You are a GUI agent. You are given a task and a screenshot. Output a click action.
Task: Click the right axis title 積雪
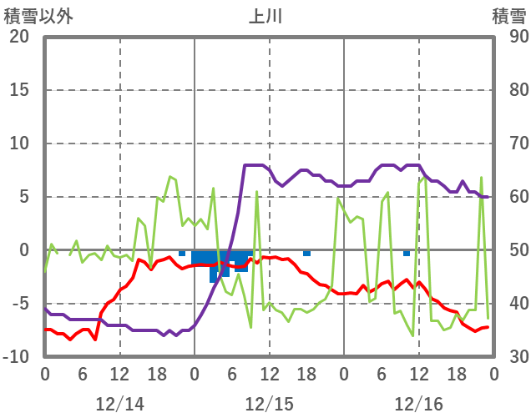pyautogui.click(x=508, y=16)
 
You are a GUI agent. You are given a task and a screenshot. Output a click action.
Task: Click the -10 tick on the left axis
pyautogui.click(x=17, y=357)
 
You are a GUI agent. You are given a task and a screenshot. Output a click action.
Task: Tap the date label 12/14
pyautogui.click(x=119, y=404)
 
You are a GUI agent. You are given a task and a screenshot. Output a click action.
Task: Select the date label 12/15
pyautogui.click(x=269, y=404)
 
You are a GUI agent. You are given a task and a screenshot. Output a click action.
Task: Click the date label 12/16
pyautogui.click(x=418, y=404)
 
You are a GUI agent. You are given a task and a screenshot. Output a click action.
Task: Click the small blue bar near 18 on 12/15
pyautogui.click(x=306, y=253)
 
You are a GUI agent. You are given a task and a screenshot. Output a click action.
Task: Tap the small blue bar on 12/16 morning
pyautogui.click(x=407, y=253)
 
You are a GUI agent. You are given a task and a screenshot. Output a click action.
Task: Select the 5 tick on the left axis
pyautogui.click(x=23, y=197)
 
